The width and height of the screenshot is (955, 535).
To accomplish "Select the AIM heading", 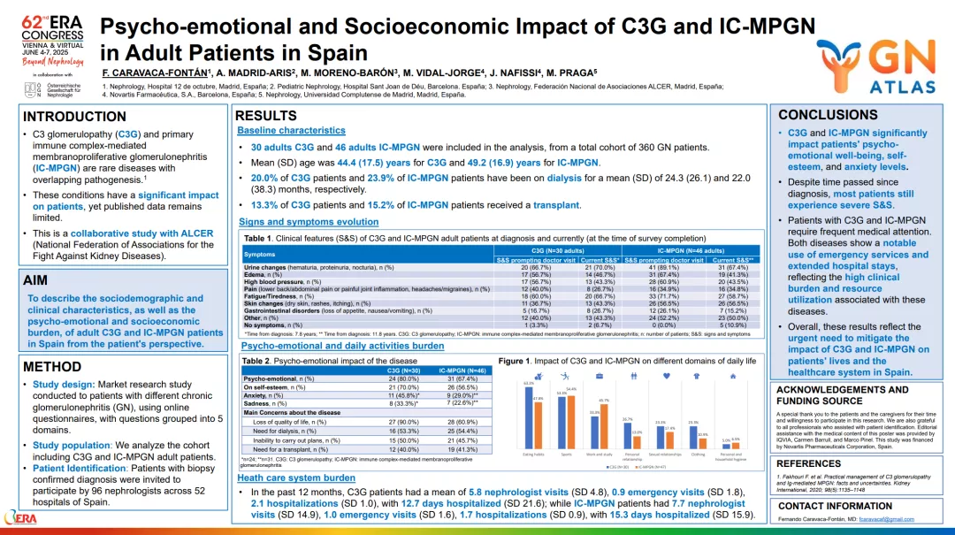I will (35, 279).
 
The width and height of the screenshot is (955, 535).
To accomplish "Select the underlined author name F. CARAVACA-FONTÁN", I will (155, 72).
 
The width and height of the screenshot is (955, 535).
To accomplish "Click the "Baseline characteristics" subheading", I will (291, 130).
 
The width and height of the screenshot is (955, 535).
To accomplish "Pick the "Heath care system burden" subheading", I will (296, 478).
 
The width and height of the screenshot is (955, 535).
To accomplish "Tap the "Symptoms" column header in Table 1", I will (259, 255).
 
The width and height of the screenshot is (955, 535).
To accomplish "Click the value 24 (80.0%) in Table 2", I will (404, 379).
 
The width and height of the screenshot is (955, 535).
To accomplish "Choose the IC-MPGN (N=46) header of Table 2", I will (462, 370).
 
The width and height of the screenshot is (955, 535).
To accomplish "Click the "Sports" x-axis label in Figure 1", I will (566, 455).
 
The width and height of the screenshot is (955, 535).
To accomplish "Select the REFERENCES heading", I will (808, 463).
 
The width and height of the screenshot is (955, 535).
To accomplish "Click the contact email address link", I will (878, 519).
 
